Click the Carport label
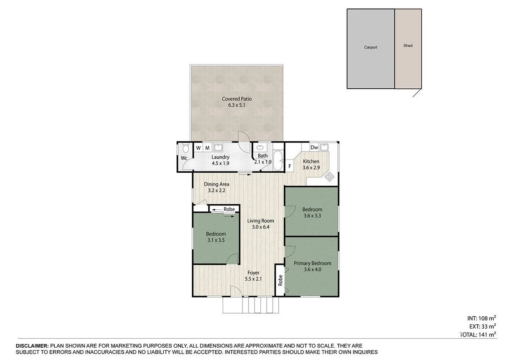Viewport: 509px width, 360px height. pyautogui.click(x=370, y=48)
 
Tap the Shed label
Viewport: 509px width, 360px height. pyautogui.click(x=408, y=45)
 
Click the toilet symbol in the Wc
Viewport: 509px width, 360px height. pyautogui.click(x=185, y=149)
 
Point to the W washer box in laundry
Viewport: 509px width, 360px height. pyautogui.click(x=198, y=148)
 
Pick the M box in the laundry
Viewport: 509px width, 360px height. pyautogui.click(x=207, y=148)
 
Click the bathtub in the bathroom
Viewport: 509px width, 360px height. pyautogui.click(x=278, y=160)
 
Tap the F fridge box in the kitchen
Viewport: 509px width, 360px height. pyautogui.click(x=290, y=166)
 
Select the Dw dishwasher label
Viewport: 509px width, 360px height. pyautogui.click(x=314, y=148)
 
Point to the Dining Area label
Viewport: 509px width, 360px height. pyautogui.click(x=216, y=184)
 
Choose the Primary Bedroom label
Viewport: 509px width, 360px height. pyautogui.click(x=312, y=263)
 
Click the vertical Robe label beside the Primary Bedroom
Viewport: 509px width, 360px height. pyautogui.click(x=280, y=280)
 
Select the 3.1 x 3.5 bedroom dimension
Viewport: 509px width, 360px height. pyautogui.click(x=215, y=240)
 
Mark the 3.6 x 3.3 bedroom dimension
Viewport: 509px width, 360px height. pyautogui.click(x=312, y=216)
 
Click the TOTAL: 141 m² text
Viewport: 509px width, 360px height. pyautogui.click(x=478, y=335)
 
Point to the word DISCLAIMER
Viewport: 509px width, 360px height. pyautogui.click(x=32, y=346)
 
